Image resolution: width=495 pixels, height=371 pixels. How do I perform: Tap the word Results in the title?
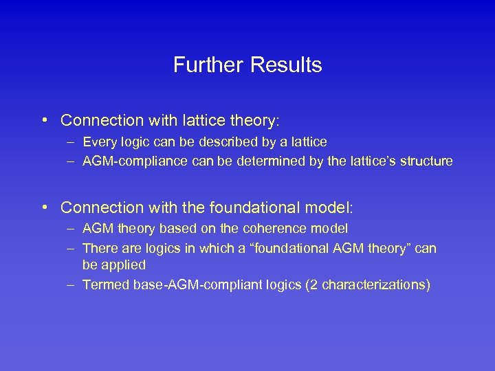[x=286, y=65]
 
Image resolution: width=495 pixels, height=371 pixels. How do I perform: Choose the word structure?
[x=428, y=161]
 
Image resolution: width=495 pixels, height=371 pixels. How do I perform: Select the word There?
[x=99, y=248]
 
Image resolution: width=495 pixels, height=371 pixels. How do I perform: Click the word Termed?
[x=102, y=284]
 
